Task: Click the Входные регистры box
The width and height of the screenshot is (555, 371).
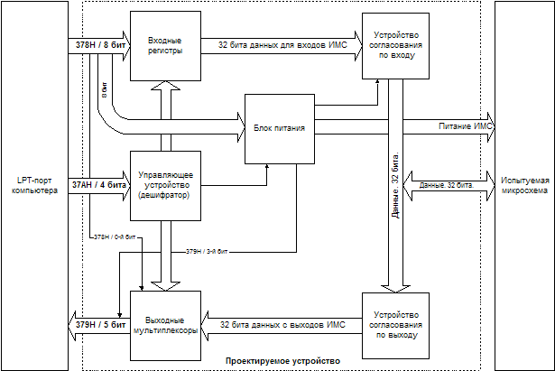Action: (x=163, y=45)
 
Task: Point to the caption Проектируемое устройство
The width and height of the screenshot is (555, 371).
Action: (x=283, y=362)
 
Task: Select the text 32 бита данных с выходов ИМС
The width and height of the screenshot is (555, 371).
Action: (x=277, y=322)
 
